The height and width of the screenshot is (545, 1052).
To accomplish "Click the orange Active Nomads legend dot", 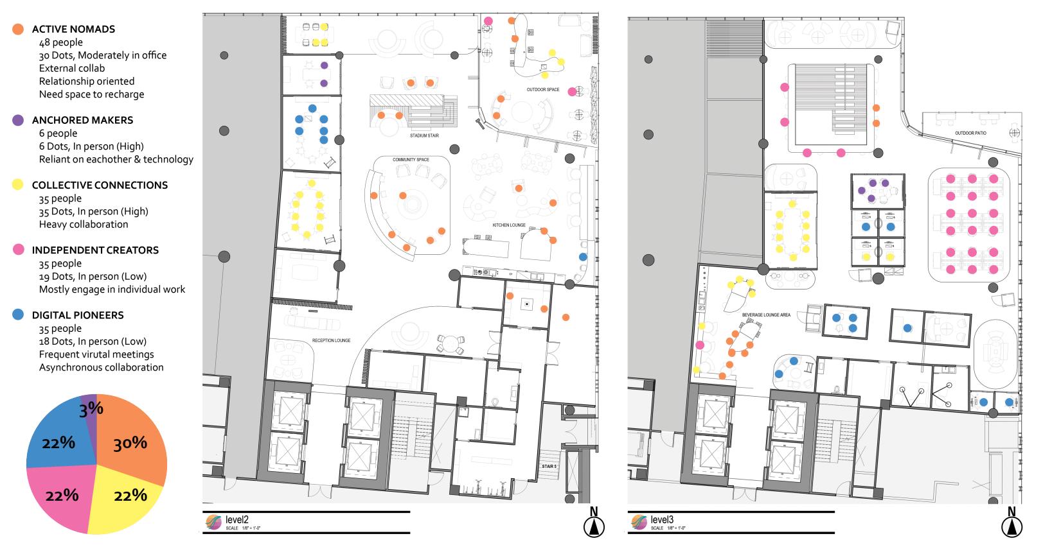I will (19, 29).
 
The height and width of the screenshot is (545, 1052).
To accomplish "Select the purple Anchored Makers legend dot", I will (19, 120).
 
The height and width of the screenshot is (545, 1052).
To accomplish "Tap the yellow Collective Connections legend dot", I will (19, 185).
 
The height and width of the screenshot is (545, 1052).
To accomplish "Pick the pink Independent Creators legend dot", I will (19, 250).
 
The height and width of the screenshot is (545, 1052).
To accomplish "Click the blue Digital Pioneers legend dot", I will (19, 315).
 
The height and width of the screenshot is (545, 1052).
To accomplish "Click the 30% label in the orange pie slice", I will (130, 443).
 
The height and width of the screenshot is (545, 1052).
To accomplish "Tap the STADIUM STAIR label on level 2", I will (424, 136).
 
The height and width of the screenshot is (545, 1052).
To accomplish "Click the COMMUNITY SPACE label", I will (411, 160).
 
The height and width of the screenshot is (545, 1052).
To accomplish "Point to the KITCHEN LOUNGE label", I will (509, 225).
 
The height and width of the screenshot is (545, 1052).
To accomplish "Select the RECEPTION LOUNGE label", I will (331, 340).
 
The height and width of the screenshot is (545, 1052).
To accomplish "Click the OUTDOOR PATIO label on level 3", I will (970, 133).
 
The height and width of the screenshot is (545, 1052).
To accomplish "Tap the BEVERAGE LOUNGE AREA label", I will (766, 315).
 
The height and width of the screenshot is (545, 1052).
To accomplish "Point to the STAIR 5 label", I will (548, 466).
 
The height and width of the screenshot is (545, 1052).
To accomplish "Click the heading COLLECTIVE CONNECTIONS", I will (100, 185).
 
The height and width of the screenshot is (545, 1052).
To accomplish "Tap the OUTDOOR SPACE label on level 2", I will (543, 89).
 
